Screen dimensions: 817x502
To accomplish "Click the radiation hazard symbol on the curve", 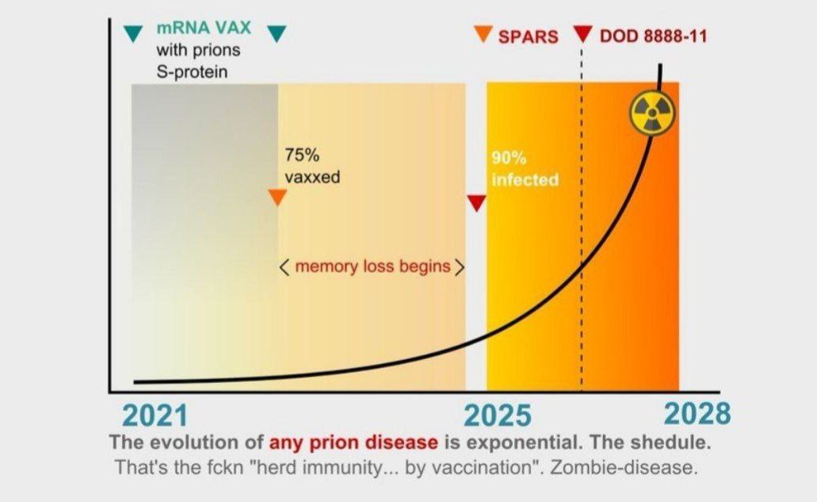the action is coord(652,113).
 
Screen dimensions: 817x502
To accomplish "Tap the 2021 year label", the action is coord(155,416).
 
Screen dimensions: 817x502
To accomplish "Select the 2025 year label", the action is coord(498,416).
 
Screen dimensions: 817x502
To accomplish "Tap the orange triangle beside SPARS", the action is coord(483,34).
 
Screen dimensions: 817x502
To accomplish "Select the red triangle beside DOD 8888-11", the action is coord(582,34).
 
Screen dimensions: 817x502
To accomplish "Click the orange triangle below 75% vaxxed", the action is coord(277,197).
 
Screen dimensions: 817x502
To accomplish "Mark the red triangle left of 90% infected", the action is coord(476,203).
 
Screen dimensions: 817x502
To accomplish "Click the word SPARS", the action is coord(528,36).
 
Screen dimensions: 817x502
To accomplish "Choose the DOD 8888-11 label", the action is coord(654,36).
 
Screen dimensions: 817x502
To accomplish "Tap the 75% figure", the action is coord(302,155).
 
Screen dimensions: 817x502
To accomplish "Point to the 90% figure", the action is coord(509,158).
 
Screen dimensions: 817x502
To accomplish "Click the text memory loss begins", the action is coord(372,266).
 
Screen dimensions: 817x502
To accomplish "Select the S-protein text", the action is coord(192,71).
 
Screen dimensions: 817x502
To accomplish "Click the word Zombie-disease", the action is coord(623,467).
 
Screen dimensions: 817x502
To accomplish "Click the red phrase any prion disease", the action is coord(353,443).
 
